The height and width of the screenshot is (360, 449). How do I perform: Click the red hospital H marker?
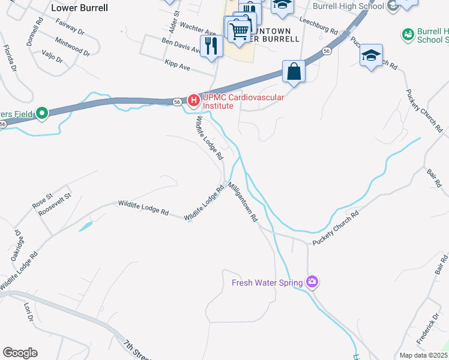click(x=193, y=100)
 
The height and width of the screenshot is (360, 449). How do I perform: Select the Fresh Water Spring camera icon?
click(x=312, y=281)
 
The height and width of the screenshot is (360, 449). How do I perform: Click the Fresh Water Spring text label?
click(x=268, y=282)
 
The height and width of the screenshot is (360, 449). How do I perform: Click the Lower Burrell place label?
click(x=80, y=8)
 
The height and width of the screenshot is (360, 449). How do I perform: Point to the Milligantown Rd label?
click(x=243, y=200)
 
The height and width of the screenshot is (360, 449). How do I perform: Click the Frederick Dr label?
click(x=429, y=328)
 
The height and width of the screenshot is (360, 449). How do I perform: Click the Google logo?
click(x=20, y=353)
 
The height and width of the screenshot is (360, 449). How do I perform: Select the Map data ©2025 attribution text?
click(x=423, y=355)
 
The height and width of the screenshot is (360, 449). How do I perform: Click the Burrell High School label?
click(x=349, y=6)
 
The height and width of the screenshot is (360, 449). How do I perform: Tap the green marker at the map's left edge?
click(x=41, y=113)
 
